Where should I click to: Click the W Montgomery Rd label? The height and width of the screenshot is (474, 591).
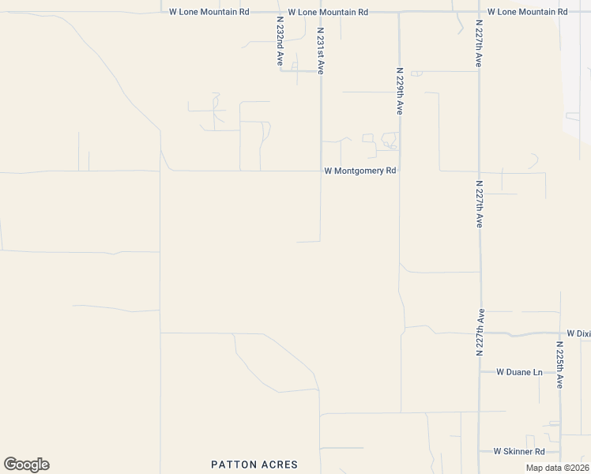pyautogui.click(x=359, y=171)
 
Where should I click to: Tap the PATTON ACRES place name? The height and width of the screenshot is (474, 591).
pyautogui.click(x=254, y=465)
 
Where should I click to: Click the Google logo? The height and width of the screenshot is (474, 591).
pyautogui.click(x=26, y=465)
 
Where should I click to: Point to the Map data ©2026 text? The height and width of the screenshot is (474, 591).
pyautogui.click(x=556, y=468)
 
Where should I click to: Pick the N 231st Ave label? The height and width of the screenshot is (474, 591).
pyautogui.click(x=320, y=51)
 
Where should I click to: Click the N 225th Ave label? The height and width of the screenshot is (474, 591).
pyautogui.click(x=559, y=364)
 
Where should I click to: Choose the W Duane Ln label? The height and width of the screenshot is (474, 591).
pyautogui.click(x=519, y=371)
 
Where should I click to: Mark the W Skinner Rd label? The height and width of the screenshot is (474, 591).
pyautogui.click(x=519, y=452)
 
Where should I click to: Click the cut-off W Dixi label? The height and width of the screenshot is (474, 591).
pyautogui.click(x=578, y=334)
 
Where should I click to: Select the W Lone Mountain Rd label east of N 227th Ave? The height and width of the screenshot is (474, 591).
pyautogui.click(x=527, y=12)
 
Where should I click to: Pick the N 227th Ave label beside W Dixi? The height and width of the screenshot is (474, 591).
pyautogui.click(x=479, y=332)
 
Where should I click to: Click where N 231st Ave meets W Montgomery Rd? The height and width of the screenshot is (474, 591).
pyautogui.click(x=320, y=171)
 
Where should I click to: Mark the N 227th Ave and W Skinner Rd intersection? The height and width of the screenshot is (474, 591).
pyautogui.click(x=479, y=452)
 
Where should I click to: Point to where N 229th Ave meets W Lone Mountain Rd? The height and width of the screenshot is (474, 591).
pyautogui.click(x=399, y=12)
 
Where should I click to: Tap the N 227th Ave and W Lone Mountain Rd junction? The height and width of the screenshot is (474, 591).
pyautogui.click(x=479, y=12)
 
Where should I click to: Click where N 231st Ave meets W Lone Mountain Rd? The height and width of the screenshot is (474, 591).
pyautogui.click(x=320, y=12)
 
